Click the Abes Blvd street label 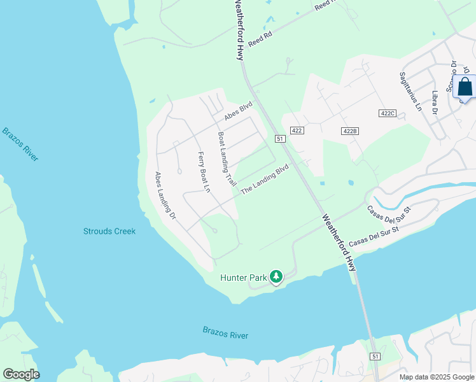click(238, 113)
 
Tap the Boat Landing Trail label click(227, 160)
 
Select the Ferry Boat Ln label click(204, 172)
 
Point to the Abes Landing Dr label click(165, 195)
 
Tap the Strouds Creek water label click(109, 231)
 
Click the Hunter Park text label click(244, 277)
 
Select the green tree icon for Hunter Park click(276, 276)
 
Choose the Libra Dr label click(436, 103)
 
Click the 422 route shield click(297, 130)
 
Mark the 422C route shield click(387, 113)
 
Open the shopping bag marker click(465, 87)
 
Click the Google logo click(21, 374)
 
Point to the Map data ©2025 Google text click(437, 377)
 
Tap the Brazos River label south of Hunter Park click(225, 333)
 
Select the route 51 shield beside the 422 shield click(279, 138)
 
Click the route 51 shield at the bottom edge click(375, 357)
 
